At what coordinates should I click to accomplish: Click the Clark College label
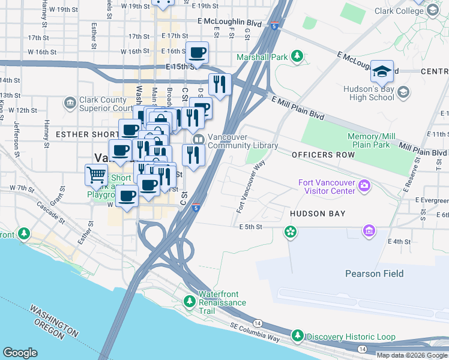point(399,11)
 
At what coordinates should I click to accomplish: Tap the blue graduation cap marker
point(382,72)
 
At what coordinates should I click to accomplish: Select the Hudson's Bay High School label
point(368,92)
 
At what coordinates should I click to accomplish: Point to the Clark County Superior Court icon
point(71,103)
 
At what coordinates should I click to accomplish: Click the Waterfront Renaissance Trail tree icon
point(190,300)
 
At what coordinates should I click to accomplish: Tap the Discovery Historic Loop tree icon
point(297,335)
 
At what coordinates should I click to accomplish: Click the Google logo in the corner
point(20,353)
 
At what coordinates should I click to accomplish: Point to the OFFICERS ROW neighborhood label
point(324,155)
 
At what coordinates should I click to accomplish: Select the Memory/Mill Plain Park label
point(372,141)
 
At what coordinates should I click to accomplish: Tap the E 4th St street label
point(399,242)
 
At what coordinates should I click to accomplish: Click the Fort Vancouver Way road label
point(251,187)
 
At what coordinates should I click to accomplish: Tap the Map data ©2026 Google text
point(412,355)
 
